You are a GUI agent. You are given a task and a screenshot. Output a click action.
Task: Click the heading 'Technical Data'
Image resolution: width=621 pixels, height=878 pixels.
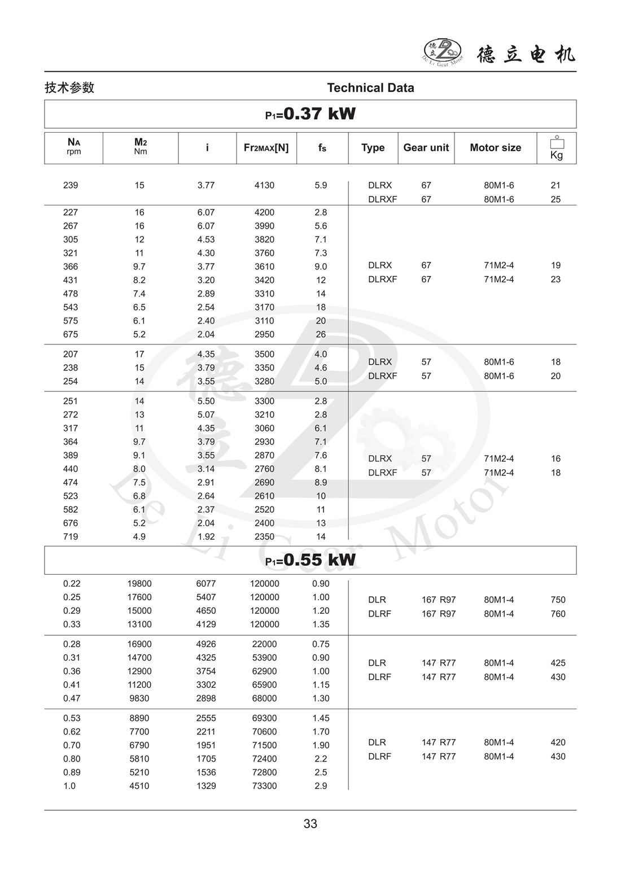pos(370,88)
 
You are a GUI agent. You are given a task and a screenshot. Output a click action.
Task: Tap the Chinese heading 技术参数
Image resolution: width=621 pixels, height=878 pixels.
pos(69,88)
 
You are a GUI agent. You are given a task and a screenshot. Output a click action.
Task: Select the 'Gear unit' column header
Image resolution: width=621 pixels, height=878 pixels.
pos(426,148)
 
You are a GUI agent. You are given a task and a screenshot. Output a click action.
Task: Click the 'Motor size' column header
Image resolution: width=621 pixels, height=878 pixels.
pos(495,148)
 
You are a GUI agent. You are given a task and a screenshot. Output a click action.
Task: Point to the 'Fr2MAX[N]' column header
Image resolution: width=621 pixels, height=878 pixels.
pos(266,148)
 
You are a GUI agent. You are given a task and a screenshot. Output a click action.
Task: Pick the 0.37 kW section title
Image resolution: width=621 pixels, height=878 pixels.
pos(310,114)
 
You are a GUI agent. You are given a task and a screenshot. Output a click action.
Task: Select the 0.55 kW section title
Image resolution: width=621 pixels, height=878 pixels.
pos(310,560)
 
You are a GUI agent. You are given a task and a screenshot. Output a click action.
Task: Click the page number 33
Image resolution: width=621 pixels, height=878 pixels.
pos(310,824)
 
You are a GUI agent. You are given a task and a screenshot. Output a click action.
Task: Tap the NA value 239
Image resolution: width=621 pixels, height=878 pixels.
pos(71,185)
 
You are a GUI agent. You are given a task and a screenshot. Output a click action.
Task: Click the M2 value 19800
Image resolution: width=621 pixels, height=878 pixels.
pos(139,584)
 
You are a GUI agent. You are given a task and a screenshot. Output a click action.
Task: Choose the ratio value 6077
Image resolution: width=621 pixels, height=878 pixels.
pos(206,584)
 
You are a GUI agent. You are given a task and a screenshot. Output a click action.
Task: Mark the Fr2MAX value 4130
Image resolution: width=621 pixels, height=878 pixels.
pos(264,185)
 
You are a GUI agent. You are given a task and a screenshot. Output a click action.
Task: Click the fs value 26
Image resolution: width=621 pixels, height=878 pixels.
pos(321,334)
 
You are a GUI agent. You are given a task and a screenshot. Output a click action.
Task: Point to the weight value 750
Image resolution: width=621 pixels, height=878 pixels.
pos(558,600)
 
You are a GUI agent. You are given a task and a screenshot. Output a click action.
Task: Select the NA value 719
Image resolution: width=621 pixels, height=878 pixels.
pos(71,536)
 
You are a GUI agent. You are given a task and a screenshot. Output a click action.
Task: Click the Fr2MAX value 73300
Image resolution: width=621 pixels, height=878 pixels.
pos(264,786)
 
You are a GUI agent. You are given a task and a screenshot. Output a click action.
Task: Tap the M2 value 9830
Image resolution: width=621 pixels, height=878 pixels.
pos(139,698)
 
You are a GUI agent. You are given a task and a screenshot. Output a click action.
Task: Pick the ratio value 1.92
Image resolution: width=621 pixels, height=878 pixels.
pos(206,536)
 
